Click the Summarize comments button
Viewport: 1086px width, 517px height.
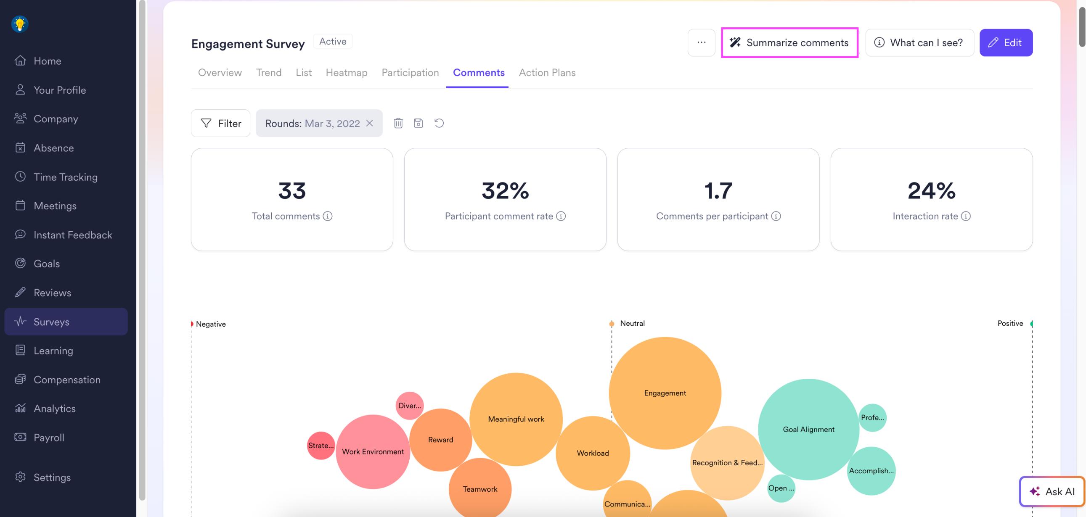click(789, 42)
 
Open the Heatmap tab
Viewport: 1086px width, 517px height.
click(346, 72)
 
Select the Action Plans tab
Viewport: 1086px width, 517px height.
click(547, 72)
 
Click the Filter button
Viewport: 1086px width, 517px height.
click(220, 123)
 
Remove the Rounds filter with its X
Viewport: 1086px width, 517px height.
click(370, 123)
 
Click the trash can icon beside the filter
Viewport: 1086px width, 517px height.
click(398, 123)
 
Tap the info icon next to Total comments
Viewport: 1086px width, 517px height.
click(328, 216)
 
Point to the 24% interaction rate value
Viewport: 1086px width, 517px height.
click(931, 190)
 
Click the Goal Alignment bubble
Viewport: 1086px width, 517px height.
click(808, 429)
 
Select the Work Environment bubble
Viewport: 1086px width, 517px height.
click(373, 451)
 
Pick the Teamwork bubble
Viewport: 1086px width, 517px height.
click(480, 489)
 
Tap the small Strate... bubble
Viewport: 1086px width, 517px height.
click(321, 446)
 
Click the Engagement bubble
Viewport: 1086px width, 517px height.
click(665, 393)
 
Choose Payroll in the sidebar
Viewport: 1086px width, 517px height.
click(49, 438)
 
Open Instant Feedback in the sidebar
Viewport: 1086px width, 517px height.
click(72, 235)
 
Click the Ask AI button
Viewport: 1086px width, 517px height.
click(1052, 491)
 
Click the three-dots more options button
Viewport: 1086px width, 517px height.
click(701, 42)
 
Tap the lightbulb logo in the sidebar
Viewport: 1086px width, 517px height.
click(20, 24)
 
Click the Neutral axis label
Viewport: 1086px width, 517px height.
click(632, 323)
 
